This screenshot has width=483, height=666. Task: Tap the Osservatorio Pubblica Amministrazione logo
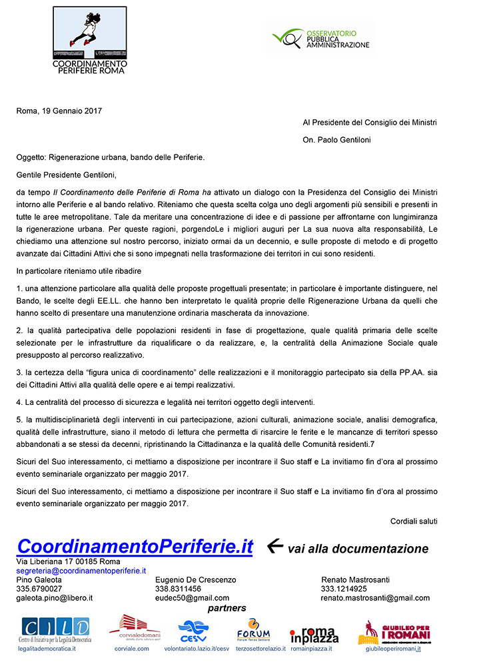tap(321, 37)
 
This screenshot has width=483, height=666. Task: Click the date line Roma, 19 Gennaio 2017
tap(59, 111)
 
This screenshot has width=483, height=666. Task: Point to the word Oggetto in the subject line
tap(31, 158)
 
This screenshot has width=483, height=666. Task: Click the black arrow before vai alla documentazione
tap(274, 546)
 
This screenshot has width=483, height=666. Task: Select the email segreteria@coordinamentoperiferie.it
tap(81, 571)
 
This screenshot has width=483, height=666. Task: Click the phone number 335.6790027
tap(39, 589)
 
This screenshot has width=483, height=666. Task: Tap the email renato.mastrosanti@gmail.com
tap(375, 598)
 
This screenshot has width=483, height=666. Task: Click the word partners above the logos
tap(227, 608)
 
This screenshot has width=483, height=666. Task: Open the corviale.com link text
tap(132, 648)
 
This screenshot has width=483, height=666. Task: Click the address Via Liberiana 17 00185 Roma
tap(64, 563)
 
